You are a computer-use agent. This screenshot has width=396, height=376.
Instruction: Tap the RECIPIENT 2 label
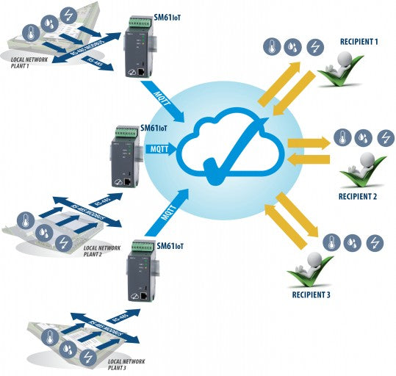point(359,197)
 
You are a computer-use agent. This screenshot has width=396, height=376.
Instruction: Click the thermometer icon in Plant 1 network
point(31,32)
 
